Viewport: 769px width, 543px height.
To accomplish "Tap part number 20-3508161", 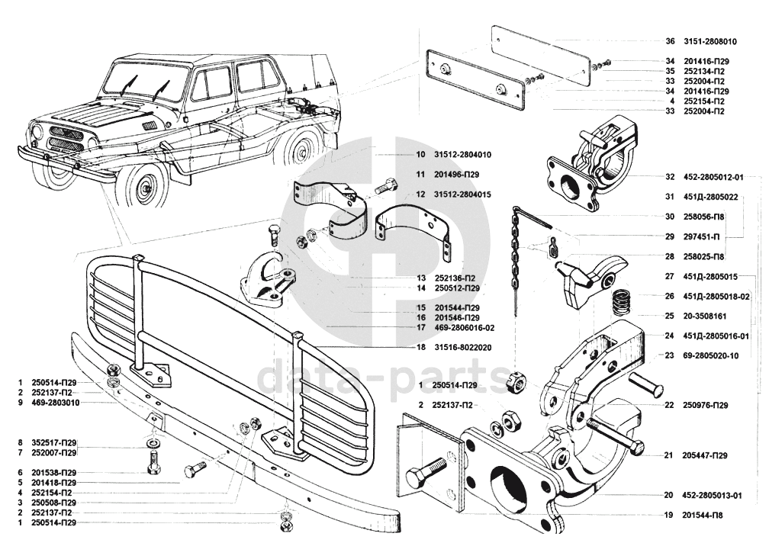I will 705,315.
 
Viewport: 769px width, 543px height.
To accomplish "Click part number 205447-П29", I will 705,455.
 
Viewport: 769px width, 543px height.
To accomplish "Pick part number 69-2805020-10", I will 713,355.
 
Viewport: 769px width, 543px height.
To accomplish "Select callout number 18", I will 420,347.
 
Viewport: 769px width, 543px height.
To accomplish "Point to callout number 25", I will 669,315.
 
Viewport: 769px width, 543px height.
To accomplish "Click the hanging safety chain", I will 516,259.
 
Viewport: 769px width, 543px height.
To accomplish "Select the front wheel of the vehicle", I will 144,187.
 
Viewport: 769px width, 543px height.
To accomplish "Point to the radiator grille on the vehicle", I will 66,139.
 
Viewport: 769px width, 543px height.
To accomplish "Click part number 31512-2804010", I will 464,154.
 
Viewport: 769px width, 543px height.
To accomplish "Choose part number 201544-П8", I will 702,516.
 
